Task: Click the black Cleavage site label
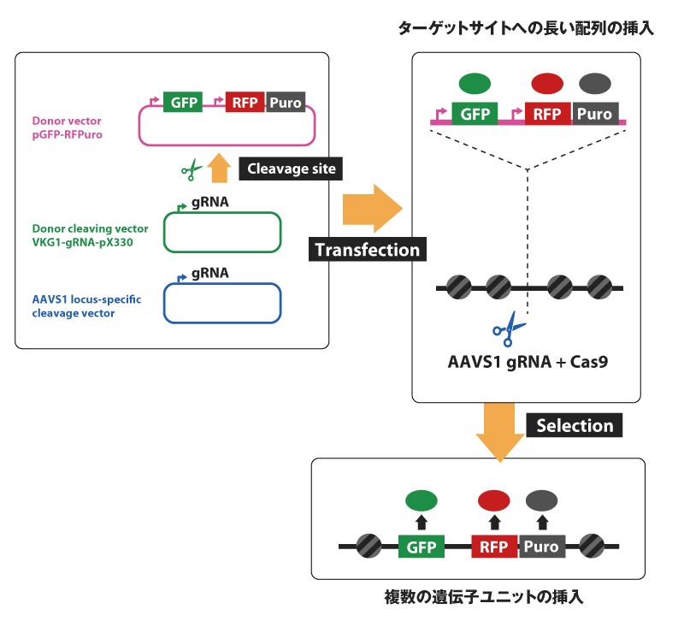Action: pyautogui.click(x=291, y=169)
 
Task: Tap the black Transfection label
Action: pyautogui.click(x=368, y=250)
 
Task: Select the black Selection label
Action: pyautogui.click(x=575, y=425)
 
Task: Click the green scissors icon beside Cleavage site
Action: pyautogui.click(x=190, y=171)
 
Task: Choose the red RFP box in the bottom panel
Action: pyautogui.click(x=494, y=546)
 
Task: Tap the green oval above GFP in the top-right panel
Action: pyautogui.click(x=475, y=83)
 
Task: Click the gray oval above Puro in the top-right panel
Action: pyautogui.click(x=595, y=83)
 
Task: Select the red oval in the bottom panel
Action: pyautogui.click(x=493, y=500)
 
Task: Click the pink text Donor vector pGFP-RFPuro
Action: pyautogui.click(x=66, y=128)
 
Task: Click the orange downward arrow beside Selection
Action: pyautogui.click(x=499, y=430)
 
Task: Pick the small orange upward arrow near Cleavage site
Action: pyautogui.click(x=219, y=168)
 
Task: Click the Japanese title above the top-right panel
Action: pyautogui.click(x=525, y=29)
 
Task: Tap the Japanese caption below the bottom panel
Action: pyautogui.click(x=483, y=598)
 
